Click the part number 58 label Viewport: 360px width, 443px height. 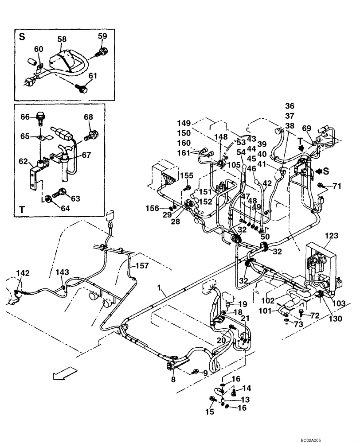click(x=62, y=39)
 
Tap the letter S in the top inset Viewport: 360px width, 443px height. click(x=22, y=37)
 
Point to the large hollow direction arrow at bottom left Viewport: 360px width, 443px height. click(x=62, y=375)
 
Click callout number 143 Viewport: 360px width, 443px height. click(x=62, y=272)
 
